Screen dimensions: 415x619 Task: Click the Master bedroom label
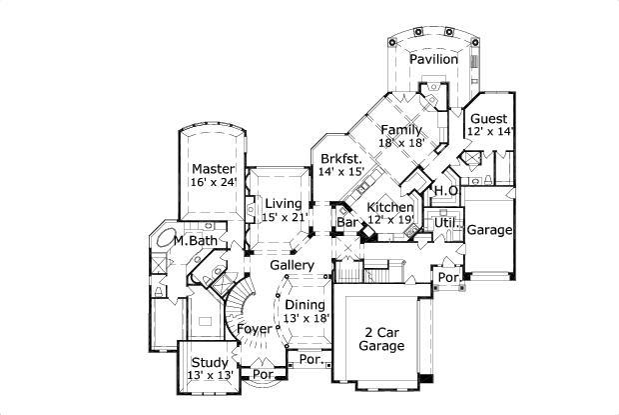(213, 169)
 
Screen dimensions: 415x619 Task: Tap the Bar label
(347, 221)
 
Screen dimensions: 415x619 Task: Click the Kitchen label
(390, 207)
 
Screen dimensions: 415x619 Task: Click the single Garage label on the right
(489, 230)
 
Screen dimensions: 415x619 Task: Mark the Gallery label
(293, 265)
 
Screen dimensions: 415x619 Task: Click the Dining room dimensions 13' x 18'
(306, 318)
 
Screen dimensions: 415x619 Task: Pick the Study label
(209, 362)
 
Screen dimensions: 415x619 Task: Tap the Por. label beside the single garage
(447, 276)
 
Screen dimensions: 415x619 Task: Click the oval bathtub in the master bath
(161, 241)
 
